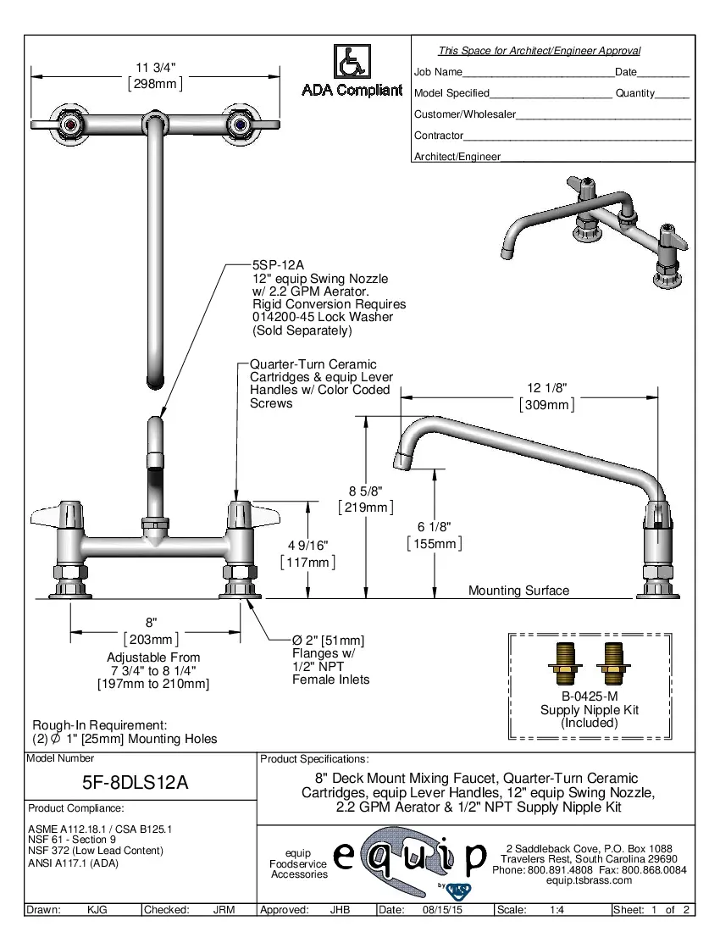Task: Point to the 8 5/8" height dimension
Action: point(366,491)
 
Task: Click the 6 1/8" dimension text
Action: point(435,526)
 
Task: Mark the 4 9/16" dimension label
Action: point(307,545)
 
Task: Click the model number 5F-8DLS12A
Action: point(141,784)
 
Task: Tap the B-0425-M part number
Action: point(590,696)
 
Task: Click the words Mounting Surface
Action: point(518,591)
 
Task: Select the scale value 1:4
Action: point(557,910)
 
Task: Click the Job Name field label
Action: point(438,72)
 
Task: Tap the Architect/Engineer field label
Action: point(457,157)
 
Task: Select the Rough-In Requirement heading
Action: point(99,725)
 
